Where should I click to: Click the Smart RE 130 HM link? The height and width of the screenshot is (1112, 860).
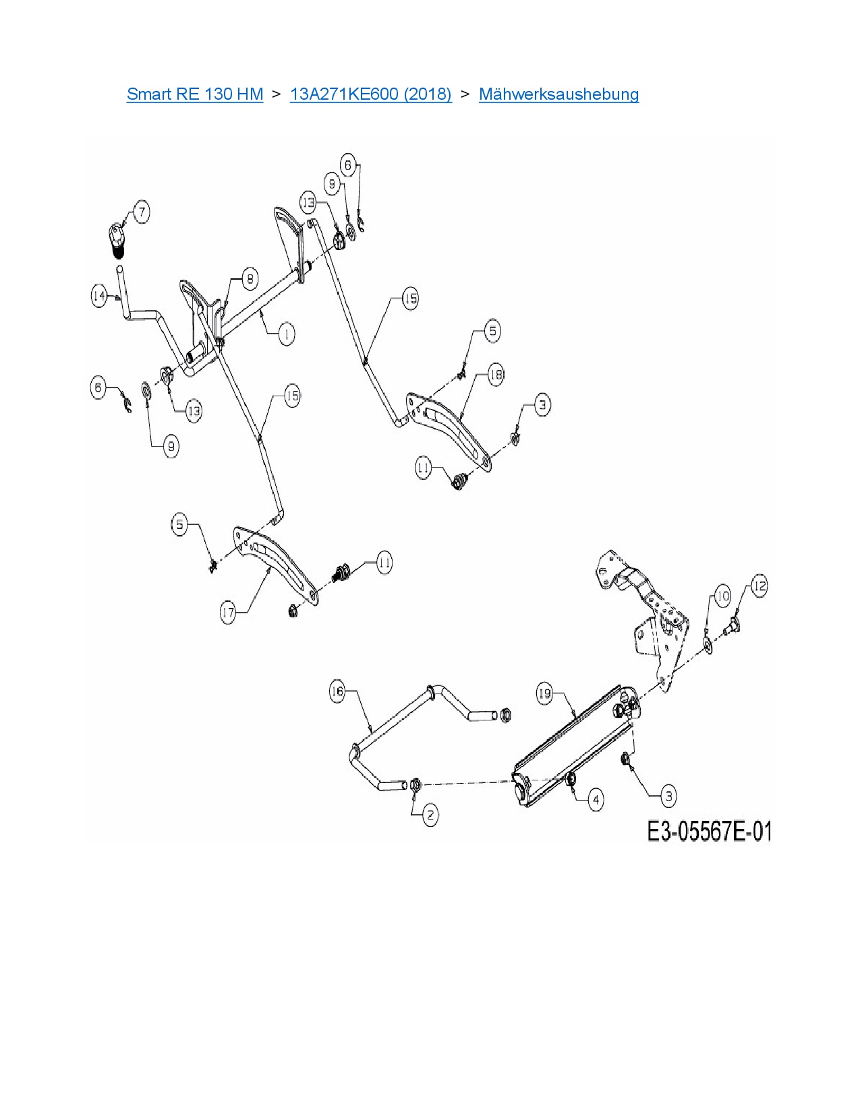(x=194, y=94)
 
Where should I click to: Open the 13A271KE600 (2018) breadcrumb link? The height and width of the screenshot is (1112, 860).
(x=370, y=94)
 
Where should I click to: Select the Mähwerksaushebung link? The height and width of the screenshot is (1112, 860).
(x=558, y=94)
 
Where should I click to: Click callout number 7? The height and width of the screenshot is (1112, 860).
(x=141, y=212)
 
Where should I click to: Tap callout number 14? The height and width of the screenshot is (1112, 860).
(x=100, y=296)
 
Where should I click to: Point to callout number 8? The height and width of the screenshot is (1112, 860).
(x=250, y=278)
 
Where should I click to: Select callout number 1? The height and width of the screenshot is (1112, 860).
(x=286, y=334)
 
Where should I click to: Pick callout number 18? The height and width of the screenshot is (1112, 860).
(x=496, y=374)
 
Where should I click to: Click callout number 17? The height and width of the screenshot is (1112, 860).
(x=228, y=612)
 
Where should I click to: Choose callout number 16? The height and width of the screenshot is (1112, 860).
(x=337, y=691)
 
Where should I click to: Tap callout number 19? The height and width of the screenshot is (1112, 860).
(x=544, y=693)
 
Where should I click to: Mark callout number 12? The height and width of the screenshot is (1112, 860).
(x=759, y=585)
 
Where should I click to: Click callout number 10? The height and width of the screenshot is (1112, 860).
(x=722, y=596)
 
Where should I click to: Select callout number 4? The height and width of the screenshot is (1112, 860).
(x=596, y=800)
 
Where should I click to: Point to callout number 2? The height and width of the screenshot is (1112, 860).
(x=430, y=815)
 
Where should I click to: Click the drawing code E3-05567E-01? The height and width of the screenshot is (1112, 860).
(x=709, y=831)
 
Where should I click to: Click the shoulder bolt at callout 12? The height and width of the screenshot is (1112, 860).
(x=731, y=627)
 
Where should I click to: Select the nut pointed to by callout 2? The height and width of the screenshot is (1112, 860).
(x=415, y=784)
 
